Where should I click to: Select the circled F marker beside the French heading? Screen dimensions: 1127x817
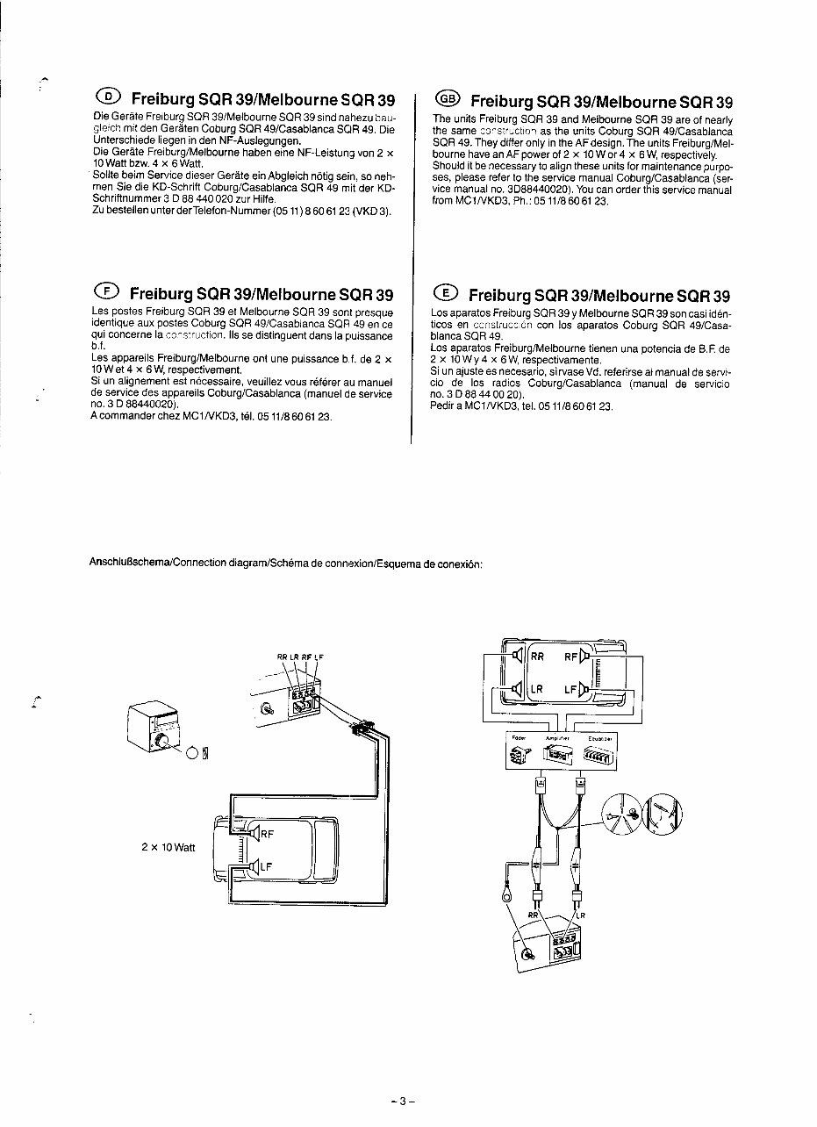tap(106, 291)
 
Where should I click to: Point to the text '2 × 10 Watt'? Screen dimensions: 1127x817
tap(168, 848)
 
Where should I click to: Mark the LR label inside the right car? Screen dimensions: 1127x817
tap(536, 689)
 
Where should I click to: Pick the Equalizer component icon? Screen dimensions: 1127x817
tap(601, 752)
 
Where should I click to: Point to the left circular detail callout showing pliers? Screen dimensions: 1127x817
tap(626, 816)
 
